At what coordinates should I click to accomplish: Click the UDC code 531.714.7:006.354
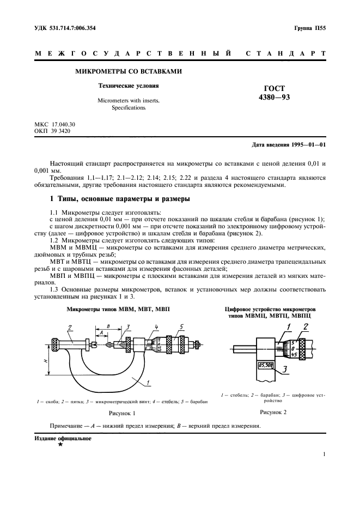click(65, 27)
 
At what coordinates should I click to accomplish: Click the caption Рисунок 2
click(273, 412)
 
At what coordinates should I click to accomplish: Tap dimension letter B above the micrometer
click(108, 325)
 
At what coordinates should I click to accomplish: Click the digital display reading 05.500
click(266, 366)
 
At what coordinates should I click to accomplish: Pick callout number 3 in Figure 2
click(285, 369)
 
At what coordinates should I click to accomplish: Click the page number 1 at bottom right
click(324, 454)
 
